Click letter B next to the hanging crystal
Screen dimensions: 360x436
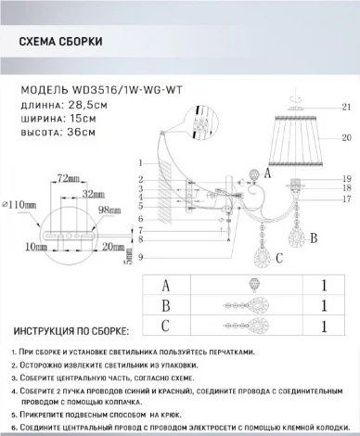314,237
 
